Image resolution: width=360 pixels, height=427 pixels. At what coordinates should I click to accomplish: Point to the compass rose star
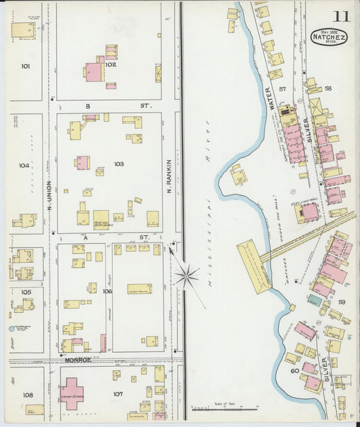click(x=186, y=274)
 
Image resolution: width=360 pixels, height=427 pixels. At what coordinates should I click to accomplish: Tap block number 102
click(x=111, y=65)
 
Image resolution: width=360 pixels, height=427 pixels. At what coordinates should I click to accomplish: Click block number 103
click(x=119, y=164)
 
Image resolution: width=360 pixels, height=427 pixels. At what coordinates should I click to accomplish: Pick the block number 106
click(x=107, y=291)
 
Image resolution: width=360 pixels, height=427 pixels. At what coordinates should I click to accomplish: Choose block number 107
click(x=118, y=394)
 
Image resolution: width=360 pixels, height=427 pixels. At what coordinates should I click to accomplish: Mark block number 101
click(x=26, y=66)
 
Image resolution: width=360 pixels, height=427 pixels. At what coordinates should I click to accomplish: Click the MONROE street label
click(x=78, y=361)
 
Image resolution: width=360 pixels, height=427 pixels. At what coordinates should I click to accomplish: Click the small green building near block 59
click(x=314, y=299)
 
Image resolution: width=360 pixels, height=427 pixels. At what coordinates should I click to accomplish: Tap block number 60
click(x=294, y=370)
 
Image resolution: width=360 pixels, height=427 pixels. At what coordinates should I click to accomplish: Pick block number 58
click(x=328, y=89)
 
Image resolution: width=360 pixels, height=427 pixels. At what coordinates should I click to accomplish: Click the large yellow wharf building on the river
click(x=255, y=266)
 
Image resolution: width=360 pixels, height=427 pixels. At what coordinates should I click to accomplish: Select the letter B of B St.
click(x=87, y=106)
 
